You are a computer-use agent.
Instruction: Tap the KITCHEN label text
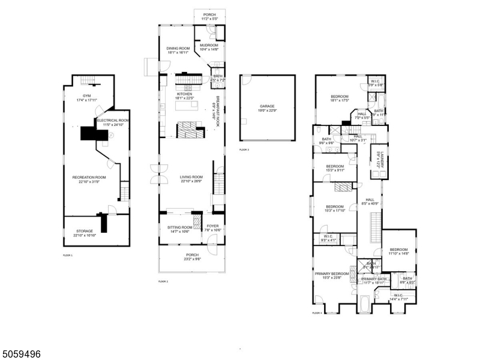(184, 95)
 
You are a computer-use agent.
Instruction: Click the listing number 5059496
(21, 354)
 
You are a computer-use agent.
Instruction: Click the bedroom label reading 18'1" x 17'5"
(340, 98)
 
